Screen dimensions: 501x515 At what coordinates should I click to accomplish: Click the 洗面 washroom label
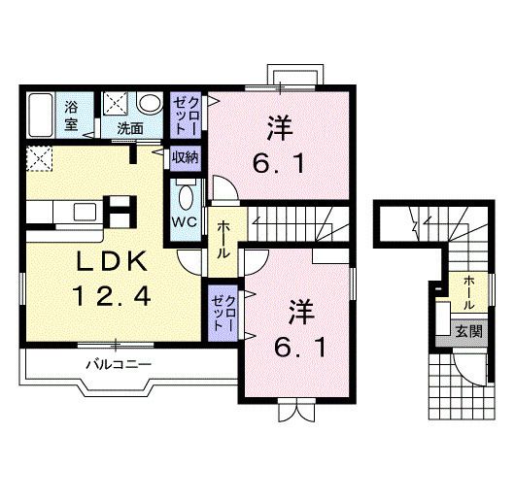coord(130,127)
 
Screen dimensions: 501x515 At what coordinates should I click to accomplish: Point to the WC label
coord(185,220)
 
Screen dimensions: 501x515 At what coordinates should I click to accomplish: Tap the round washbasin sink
coord(149,103)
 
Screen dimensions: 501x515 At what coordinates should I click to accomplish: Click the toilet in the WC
coord(186,194)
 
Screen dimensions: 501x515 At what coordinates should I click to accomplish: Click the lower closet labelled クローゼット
coord(223,311)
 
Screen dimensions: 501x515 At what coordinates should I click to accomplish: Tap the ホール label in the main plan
coord(223,238)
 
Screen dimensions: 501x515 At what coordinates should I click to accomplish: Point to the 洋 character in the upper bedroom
coord(279,127)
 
